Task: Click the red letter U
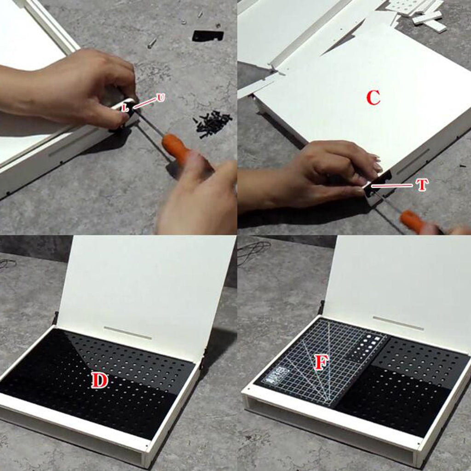coord(161,98)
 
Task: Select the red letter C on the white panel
coord(373,98)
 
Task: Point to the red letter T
coord(422,185)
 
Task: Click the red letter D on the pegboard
coord(100,380)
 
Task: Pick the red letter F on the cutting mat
coord(321,362)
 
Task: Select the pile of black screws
coord(213,124)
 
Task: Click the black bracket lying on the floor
coord(208,35)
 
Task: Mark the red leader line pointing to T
coord(392,186)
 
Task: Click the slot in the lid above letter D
coord(128,333)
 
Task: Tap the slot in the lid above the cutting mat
coord(398,323)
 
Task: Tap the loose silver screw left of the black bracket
coord(152,42)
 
